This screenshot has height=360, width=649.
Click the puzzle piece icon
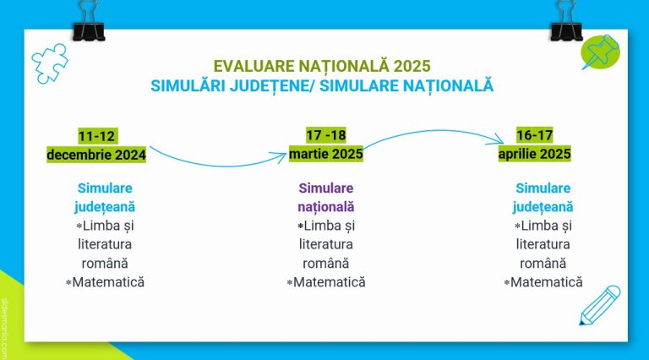coord(50,63)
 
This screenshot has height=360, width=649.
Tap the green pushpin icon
coord(600,52)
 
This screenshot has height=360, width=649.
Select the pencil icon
coord(600,305)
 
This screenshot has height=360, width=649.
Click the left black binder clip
coord(89,20)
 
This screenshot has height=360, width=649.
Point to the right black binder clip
coord(566,20)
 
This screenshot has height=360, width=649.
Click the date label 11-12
coord(96,136)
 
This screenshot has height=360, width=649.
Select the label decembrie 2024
coord(96,155)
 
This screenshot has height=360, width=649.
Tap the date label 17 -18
coord(326,135)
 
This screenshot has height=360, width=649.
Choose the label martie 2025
coord(325,154)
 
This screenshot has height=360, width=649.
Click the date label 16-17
coord(535,135)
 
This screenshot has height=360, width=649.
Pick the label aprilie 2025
coord(534,154)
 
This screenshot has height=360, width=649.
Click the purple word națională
coord(325,206)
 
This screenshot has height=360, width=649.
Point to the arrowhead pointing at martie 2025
coord(281,156)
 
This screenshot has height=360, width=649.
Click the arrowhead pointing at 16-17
coord(498,140)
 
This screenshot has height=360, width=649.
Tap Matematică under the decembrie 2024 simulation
coord(108,282)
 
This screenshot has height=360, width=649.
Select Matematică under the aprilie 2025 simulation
coord(547,282)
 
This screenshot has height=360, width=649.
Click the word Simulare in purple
coord(325,188)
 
